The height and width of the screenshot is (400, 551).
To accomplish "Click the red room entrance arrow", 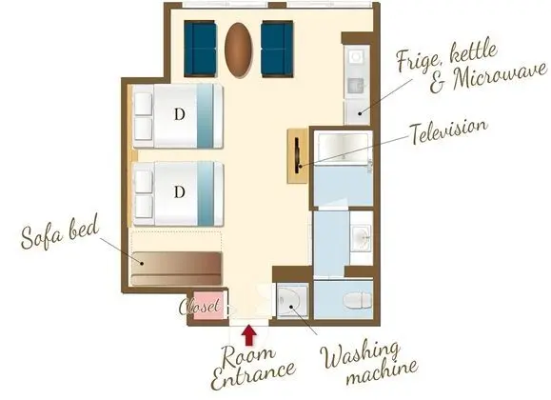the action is pos(249,335).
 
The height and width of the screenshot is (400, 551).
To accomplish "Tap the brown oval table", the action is pos(239,50).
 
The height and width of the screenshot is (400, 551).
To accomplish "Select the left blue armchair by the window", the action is pos(200,49).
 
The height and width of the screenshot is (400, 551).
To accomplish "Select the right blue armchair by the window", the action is pos(277,49).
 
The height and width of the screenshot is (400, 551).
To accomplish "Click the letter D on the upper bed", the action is pos(180,114).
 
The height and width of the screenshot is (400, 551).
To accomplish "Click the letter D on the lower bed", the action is pos(180,192).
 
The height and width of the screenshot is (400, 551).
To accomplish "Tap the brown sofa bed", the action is pos(176,269).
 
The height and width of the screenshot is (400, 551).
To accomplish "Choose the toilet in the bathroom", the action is pos(357,301).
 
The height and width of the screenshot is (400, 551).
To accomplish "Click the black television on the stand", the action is pos(298,155).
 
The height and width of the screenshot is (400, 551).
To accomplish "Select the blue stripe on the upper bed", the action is pos(205,115).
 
